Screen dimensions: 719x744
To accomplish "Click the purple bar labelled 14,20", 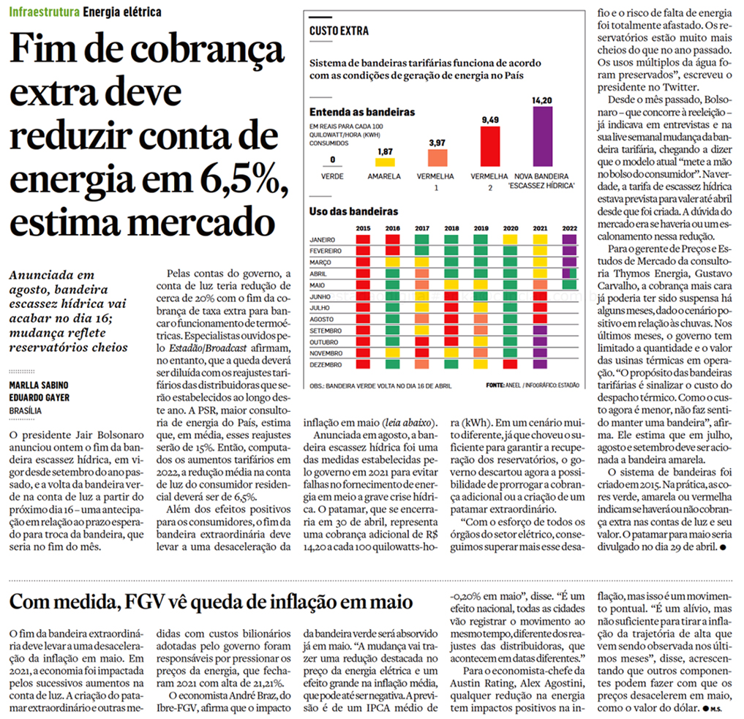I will click(542, 138).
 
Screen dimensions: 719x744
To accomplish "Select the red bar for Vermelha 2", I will click(489, 147).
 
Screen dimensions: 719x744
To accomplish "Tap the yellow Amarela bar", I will click(385, 162).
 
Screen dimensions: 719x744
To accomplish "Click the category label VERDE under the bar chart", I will click(332, 176).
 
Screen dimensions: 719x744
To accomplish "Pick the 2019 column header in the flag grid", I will click(481, 229).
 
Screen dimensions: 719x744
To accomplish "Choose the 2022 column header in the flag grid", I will click(569, 229).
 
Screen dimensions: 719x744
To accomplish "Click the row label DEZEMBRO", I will click(326, 364).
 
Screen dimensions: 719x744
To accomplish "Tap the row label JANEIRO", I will click(323, 239).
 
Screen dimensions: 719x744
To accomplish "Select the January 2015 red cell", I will click(363, 239).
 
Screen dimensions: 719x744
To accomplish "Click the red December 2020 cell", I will click(510, 364).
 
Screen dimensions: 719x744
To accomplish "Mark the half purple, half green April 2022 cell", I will click(569, 274).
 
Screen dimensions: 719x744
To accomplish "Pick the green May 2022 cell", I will click(569, 285).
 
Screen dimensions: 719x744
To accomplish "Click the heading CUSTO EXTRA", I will click(339, 31).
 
